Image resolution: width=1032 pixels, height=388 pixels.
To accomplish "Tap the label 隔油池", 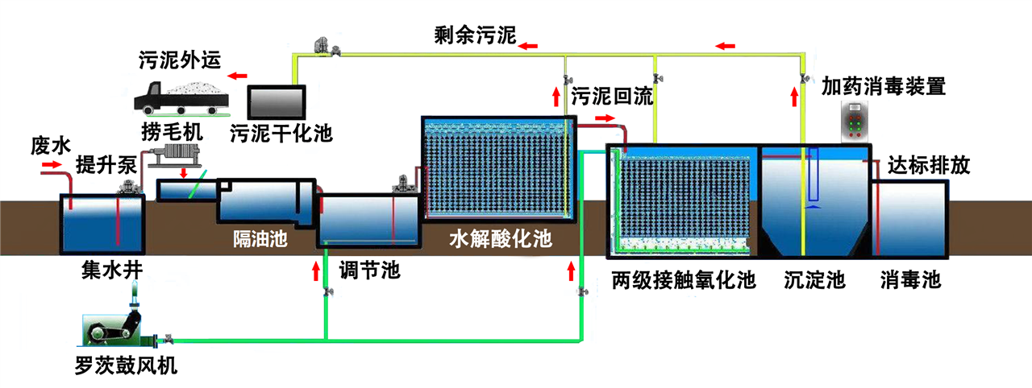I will coord(260,239).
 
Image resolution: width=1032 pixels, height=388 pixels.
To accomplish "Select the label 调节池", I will coord(369,270).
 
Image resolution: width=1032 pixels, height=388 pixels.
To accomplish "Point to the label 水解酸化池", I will coord(499,239).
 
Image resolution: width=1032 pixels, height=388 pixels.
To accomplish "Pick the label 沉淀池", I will coord(814,280).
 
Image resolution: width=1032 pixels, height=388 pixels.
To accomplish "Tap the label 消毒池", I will coord(910,280).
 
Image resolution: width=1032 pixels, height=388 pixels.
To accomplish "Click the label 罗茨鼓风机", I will coord(125,366).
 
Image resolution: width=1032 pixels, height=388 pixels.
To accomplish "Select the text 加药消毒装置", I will coord(883,85).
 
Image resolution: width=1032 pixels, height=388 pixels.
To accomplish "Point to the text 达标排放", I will coord(928,165).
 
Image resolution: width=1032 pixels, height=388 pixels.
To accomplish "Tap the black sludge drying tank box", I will coord(277,101).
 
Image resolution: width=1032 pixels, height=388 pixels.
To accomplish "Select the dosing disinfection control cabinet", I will coord(855,122).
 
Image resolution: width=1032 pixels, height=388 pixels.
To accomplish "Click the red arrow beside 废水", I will coord(51,165).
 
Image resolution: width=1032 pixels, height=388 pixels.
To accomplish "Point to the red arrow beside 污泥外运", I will coord(237,76).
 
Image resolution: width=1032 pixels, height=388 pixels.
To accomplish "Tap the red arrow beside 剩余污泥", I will coord(529,47).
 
